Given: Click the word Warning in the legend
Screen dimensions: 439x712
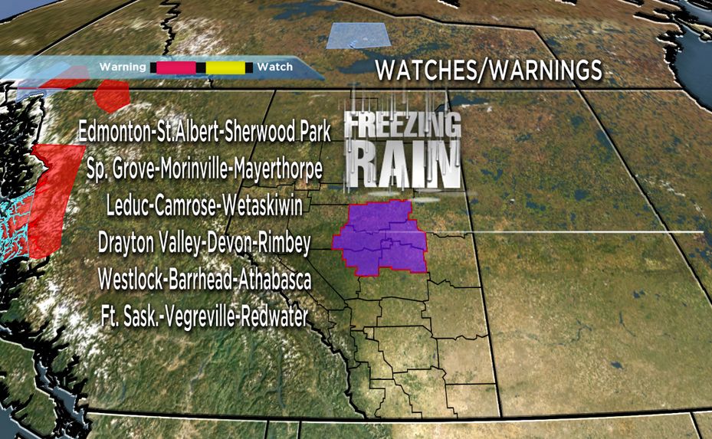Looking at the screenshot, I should tap(122, 67).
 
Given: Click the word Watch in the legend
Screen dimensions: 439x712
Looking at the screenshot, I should tap(274, 67).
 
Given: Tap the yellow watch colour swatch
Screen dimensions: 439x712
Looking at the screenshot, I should tap(226, 67).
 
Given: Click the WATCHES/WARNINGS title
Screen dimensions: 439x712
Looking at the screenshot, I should tap(488, 70).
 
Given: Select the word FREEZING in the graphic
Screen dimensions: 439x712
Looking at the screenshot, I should tap(402, 126).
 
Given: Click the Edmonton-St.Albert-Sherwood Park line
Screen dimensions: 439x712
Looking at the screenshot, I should tap(205, 133).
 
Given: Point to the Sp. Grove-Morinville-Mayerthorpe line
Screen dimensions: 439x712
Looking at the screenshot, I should tap(205, 169).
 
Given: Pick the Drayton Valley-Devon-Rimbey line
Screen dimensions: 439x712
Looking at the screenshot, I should tap(204, 244).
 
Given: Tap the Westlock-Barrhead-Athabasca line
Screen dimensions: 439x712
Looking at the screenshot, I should tap(204, 280).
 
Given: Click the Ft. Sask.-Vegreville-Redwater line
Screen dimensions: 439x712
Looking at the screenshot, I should tap(204, 316).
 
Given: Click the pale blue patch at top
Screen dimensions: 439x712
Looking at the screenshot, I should tap(357, 35).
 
